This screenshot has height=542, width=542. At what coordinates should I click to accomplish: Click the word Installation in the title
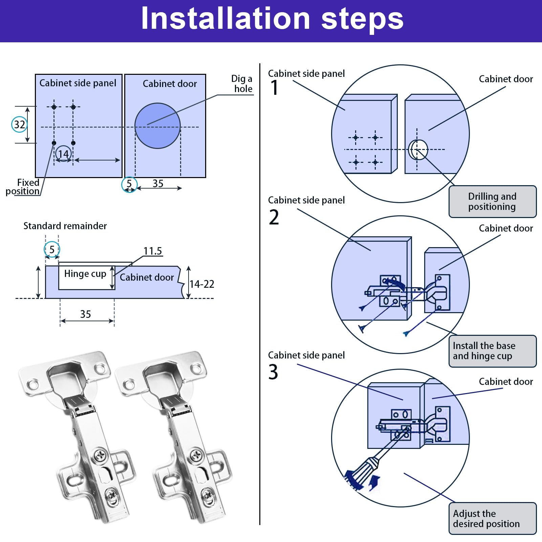pos(225,19)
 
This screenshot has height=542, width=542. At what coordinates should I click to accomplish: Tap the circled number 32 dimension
pos(19,124)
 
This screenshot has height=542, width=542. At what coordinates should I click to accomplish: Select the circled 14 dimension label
pos(63,154)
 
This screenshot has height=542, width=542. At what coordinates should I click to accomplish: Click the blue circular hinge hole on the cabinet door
pos(157,126)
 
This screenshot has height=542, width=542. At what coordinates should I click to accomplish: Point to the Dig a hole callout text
pos(242,84)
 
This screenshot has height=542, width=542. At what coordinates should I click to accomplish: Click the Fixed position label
pos(23,187)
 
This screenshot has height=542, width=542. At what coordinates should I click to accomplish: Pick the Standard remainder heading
pos(65,226)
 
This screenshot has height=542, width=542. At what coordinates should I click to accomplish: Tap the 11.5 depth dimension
pos(153,251)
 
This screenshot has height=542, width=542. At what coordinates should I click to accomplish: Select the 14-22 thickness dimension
pos(202,284)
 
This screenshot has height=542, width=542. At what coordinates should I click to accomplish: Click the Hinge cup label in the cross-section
pos(85,274)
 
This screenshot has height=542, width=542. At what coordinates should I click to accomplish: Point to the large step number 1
pos(274,88)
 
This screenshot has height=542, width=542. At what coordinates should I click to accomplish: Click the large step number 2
pos(274,217)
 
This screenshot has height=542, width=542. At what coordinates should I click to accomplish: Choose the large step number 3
pos(273,372)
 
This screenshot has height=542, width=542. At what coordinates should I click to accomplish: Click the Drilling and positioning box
pos(493,201)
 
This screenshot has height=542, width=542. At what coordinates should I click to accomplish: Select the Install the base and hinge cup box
pos(493,351)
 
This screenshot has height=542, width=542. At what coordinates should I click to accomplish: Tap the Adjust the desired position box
pos(493,519)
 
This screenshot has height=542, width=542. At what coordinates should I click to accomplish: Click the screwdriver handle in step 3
pos(362,472)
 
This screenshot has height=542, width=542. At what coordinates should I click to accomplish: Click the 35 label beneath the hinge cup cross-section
pos(86,314)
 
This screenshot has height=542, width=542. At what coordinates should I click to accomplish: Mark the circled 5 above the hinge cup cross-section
pos(52,250)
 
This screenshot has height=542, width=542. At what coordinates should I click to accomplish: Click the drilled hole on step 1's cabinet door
pos(418,149)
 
